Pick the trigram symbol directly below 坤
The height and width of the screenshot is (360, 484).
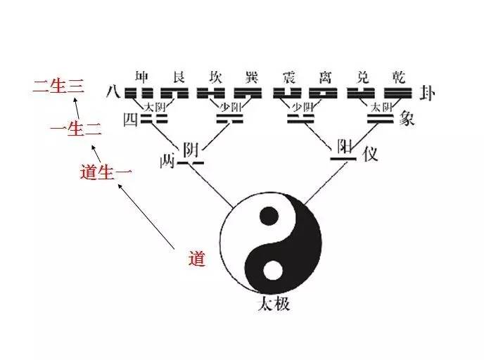click(144, 93)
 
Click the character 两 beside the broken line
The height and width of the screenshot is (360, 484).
click(166, 162)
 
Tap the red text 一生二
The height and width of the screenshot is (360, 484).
click(77, 129)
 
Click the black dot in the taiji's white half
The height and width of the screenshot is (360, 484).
click(268, 215)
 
